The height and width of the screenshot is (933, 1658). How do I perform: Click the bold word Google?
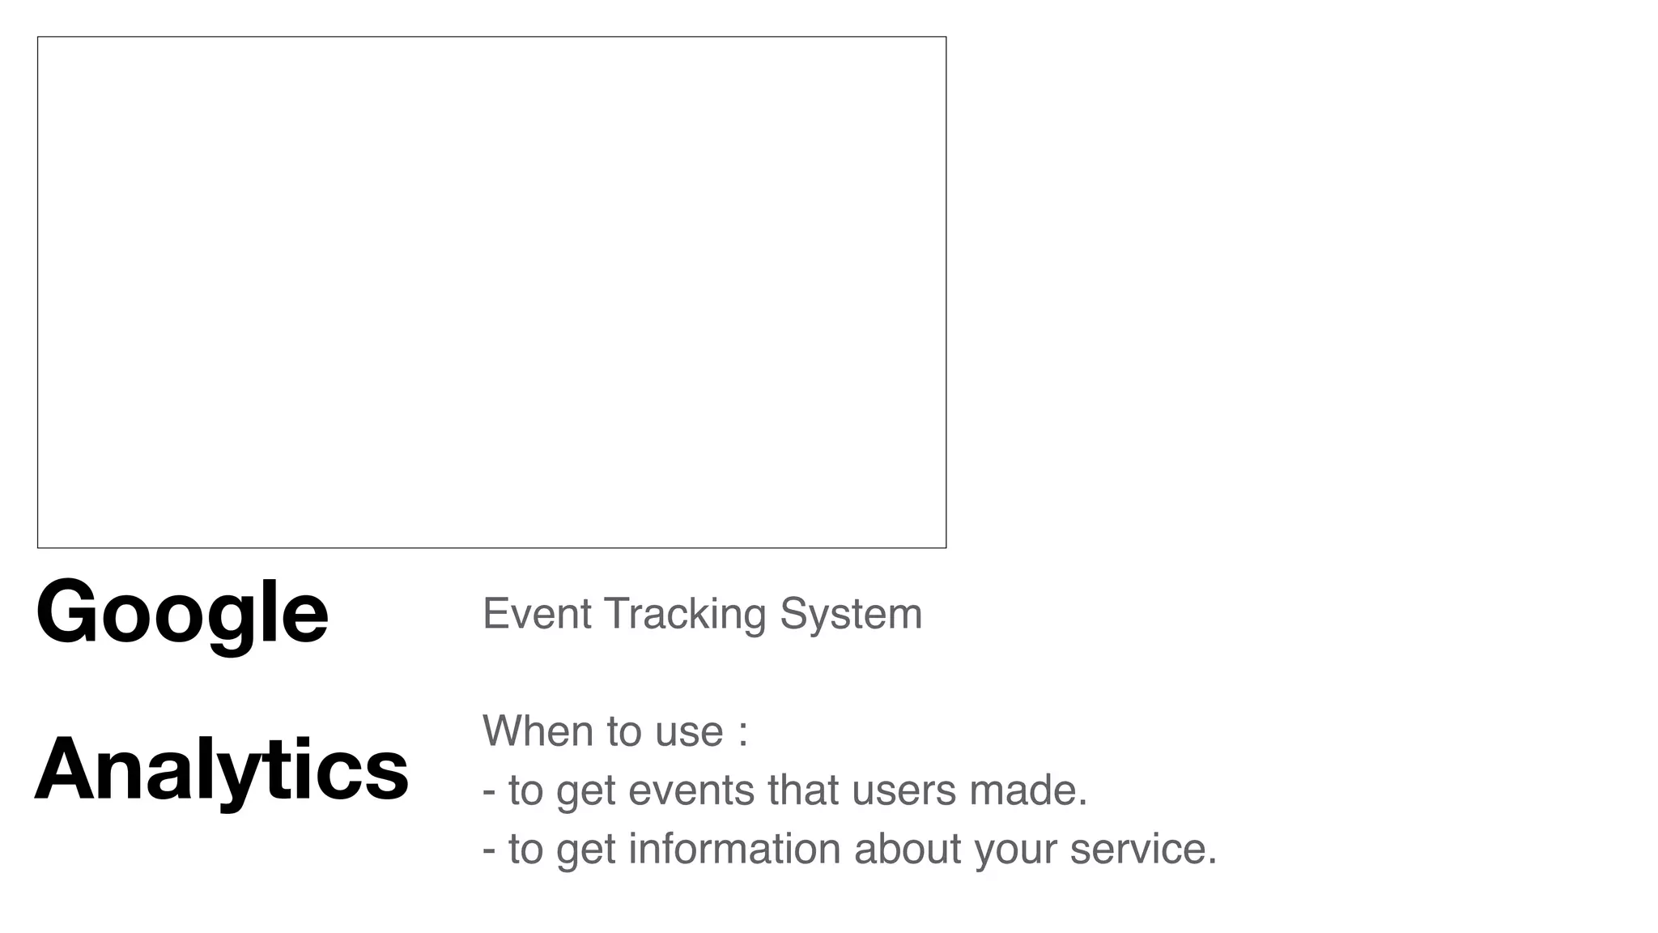[182, 613]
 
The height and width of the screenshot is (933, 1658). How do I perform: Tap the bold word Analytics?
[222, 769]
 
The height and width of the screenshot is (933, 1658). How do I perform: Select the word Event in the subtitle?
[537, 613]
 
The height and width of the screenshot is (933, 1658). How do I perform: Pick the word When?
[538, 731]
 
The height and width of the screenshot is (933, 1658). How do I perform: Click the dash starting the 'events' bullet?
[488, 791]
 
